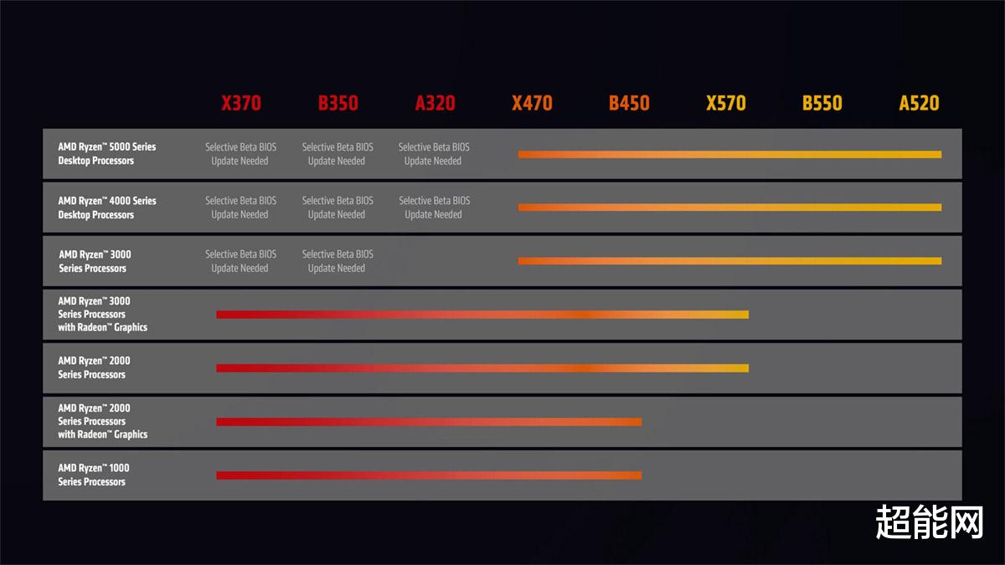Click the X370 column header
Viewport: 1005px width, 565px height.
(x=241, y=103)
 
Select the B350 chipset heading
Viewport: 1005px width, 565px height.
(x=338, y=103)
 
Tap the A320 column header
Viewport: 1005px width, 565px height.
(x=435, y=103)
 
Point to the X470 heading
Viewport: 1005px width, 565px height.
(x=532, y=103)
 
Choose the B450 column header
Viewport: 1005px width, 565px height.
(x=629, y=103)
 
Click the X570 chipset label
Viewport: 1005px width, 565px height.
(x=726, y=103)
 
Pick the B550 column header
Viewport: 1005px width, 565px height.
(x=822, y=103)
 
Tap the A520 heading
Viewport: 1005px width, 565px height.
(x=919, y=103)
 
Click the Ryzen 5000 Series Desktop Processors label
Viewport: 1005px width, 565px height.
(x=107, y=153)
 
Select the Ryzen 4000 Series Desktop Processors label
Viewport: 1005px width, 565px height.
(x=107, y=208)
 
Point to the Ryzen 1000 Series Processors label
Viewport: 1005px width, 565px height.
(x=93, y=475)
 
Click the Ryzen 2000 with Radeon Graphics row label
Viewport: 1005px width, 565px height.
(x=102, y=421)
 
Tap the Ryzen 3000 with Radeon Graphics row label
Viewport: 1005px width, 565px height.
(x=102, y=314)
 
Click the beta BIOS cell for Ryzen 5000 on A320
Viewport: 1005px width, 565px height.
(x=434, y=154)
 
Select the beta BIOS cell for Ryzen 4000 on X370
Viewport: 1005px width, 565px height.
(x=240, y=208)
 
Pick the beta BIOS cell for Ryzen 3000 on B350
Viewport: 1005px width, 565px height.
(x=338, y=261)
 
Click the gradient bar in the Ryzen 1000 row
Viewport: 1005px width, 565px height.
(x=429, y=475)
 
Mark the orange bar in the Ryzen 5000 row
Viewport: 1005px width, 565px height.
(x=730, y=155)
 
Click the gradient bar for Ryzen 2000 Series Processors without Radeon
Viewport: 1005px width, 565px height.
(x=482, y=368)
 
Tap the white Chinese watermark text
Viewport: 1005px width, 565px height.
(x=929, y=521)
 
